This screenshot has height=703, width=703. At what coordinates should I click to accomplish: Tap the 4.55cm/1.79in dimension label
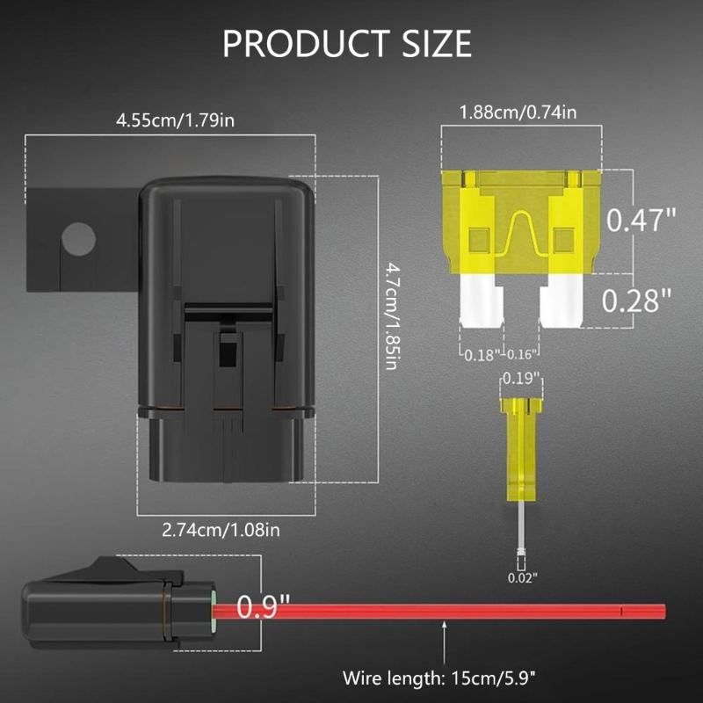[x=175, y=120]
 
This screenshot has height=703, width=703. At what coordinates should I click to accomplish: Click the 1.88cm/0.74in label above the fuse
[x=518, y=112]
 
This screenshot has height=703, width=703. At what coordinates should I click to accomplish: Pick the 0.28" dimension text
[x=641, y=301]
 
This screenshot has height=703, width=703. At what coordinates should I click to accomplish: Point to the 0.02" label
[x=522, y=577]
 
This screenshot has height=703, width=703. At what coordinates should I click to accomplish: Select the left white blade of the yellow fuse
[x=480, y=301]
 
